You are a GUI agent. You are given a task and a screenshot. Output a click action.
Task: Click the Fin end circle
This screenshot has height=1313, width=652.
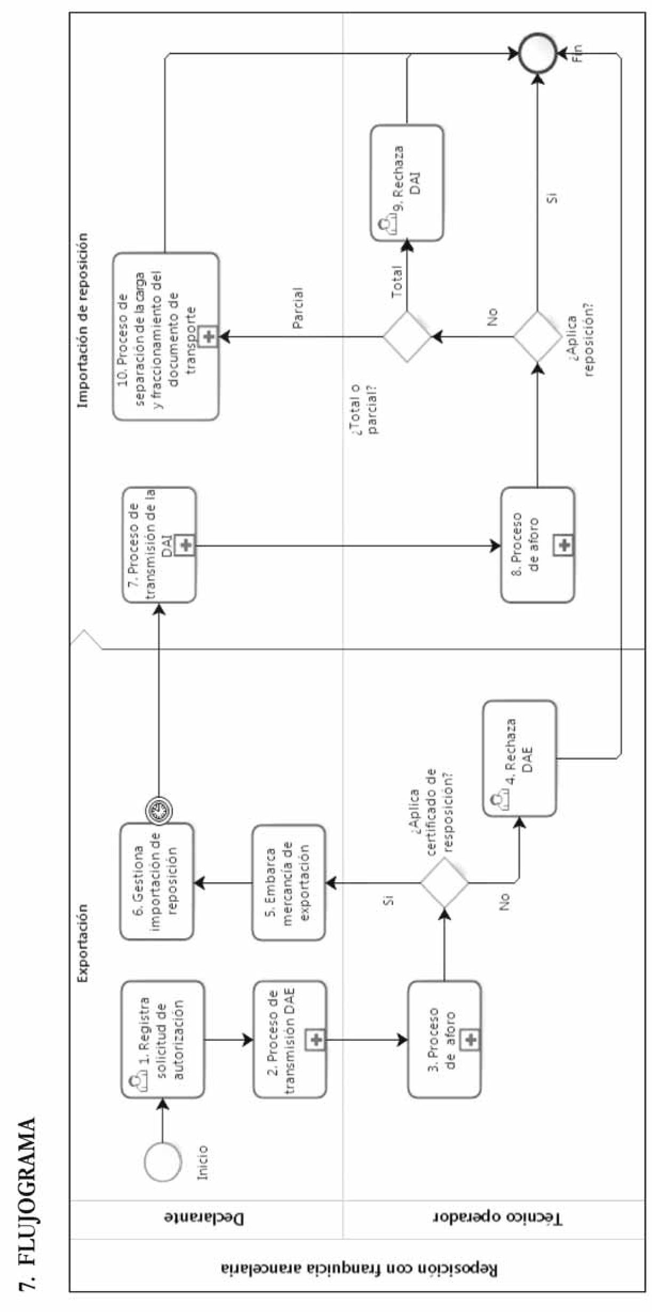coord(538,53)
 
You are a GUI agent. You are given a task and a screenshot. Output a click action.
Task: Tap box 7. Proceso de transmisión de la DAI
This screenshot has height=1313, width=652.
coord(160,544)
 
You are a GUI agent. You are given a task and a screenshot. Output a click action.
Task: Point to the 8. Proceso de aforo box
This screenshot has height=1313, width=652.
coord(538,544)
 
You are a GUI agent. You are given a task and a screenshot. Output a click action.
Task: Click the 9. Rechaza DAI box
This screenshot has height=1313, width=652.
coord(407,183)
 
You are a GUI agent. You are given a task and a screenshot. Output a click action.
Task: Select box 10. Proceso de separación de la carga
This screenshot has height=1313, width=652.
coord(166,336)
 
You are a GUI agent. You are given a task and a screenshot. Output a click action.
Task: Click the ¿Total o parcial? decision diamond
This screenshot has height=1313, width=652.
coord(407,337)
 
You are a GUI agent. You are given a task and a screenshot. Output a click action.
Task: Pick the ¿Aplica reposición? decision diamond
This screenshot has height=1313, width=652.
coord(537,337)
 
